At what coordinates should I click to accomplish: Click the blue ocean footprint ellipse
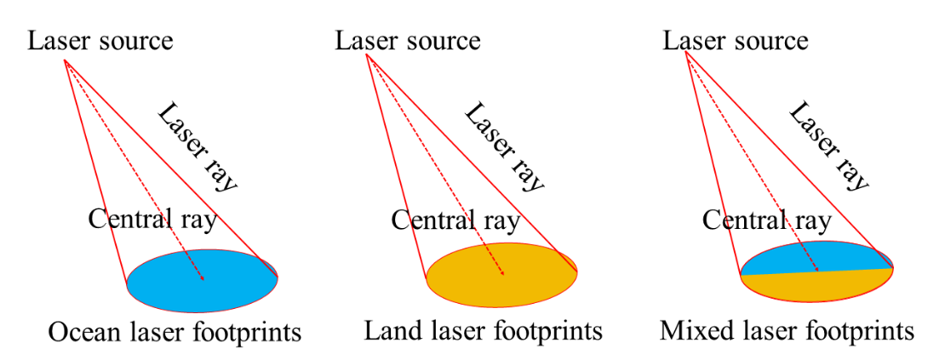(170, 285)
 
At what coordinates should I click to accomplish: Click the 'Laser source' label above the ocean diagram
(100, 40)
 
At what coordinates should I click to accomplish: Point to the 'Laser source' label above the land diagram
(408, 40)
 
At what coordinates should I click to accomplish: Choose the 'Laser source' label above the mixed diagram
(736, 40)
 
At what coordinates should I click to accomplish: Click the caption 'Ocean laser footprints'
(175, 331)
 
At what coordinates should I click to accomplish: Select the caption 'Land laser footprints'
(483, 329)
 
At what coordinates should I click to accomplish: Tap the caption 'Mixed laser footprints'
(787, 329)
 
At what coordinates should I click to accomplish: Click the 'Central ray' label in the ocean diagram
(152, 220)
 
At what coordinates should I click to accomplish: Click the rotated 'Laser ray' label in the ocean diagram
(198, 146)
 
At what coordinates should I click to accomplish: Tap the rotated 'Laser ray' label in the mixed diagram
(829, 146)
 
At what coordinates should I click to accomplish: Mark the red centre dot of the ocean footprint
(202, 278)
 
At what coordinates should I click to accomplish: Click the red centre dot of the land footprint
(502, 273)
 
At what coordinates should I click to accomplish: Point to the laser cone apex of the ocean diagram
(65, 60)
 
